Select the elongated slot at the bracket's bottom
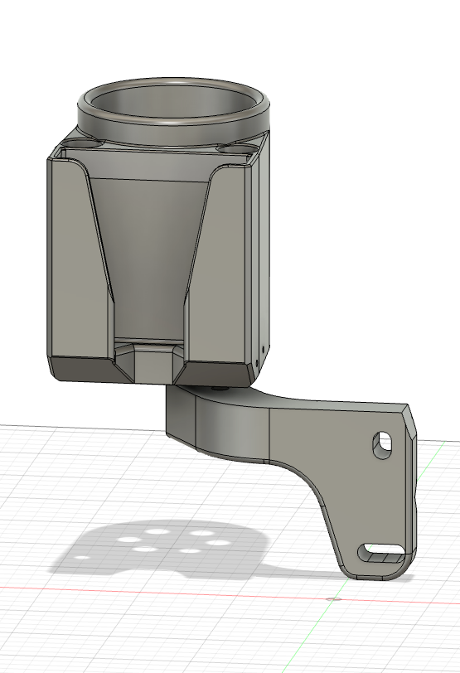pos(383,549)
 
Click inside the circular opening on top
pos(174,104)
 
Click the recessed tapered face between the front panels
pos(149,249)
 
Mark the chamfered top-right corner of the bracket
pos(409,419)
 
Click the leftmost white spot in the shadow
pos(128,540)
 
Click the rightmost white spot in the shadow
pos(219,543)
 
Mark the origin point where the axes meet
pos(332,598)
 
